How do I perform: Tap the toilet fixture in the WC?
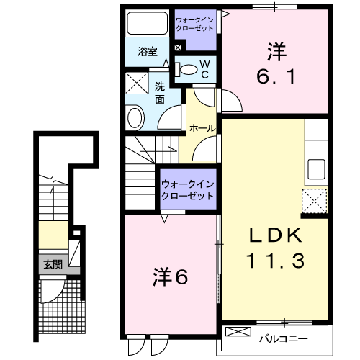[187, 70]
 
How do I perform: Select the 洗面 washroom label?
[160, 93]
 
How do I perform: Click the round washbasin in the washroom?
[135, 117]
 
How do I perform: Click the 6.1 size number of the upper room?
[274, 75]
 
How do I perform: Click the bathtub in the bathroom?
[147, 25]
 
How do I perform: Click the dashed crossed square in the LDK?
[315, 199]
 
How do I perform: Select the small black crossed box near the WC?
[178, 48]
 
